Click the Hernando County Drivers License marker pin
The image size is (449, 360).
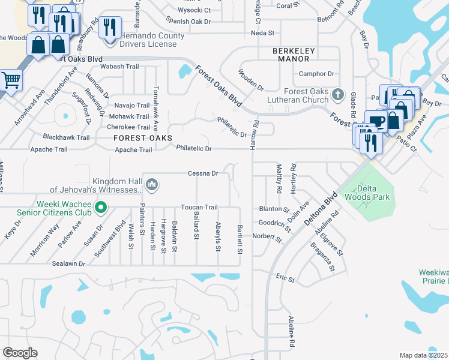click(x=109, y=28)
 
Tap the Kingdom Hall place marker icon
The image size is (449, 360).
click(x=152, y=184)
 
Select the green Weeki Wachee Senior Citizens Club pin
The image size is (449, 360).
click(x=101, y=209)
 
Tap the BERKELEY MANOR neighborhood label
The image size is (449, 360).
click(x=291, y=55)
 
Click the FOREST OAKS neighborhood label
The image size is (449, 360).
click(x=139, y=138)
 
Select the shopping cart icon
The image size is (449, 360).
click(x=10, y=79)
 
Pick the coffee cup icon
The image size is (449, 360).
click(x=376, y=121)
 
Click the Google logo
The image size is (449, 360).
click(x=20, y=352)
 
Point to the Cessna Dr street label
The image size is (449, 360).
click(x=202, y=173)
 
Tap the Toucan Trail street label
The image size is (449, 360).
click(x=199, y=207)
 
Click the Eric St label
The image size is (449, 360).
click(x=285, y=279)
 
